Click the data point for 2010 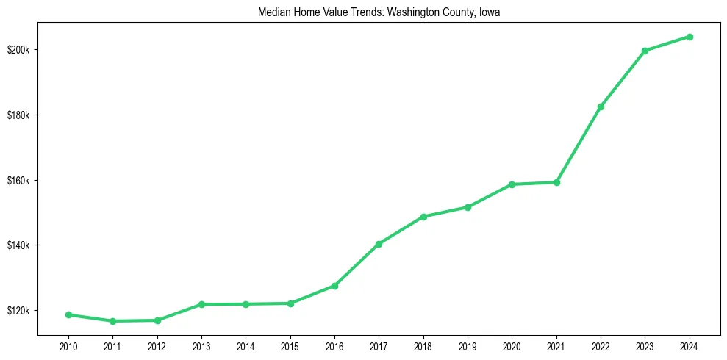coord(68,314)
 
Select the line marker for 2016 coord(334,286)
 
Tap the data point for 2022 coord(601,107)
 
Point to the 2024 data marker coord(690,37)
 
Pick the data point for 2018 coord(423,217)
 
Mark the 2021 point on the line coord(556,182)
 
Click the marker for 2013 coord(201,304)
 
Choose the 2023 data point coord(645,51)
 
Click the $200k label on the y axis coord(19,50)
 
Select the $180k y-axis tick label coord(19,115)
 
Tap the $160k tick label coord(19,180)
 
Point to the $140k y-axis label coord(19,245)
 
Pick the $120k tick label coord(19,311)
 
